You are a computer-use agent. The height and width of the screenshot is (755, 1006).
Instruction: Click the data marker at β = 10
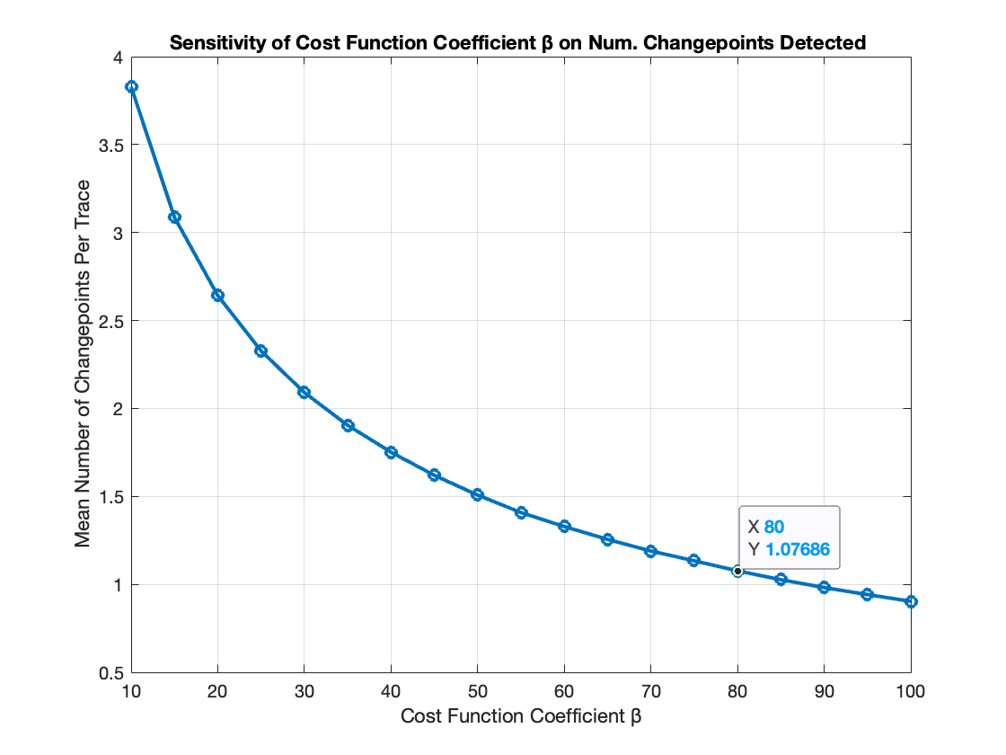pyautogui.click(x=131, y=86)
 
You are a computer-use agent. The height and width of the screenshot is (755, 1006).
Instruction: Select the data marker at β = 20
pyautogui.click(x=217, y=295)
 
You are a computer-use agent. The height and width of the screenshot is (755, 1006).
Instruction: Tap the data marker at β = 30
pyautogui.click(x=304, y=392)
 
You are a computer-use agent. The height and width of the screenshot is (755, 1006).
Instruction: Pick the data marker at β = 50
pyautogui.click(x=478, y=494)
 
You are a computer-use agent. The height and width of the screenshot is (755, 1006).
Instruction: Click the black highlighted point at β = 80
pyautogui.click(x=737, y=571)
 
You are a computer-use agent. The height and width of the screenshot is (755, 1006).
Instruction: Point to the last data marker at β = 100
pyautogui.click(x=911, y=601)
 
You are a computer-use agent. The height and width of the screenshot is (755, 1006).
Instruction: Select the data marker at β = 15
pyautogui.click(x=174, y=217)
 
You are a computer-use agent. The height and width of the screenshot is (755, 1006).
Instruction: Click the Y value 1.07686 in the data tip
pyautogui.click(x=797, y=548)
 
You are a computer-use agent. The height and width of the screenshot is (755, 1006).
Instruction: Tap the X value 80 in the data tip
pyautogui.click(x=774, y=527)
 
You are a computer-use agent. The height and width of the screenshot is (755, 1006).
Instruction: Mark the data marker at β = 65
pyautogui.click(x=607, y=539)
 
